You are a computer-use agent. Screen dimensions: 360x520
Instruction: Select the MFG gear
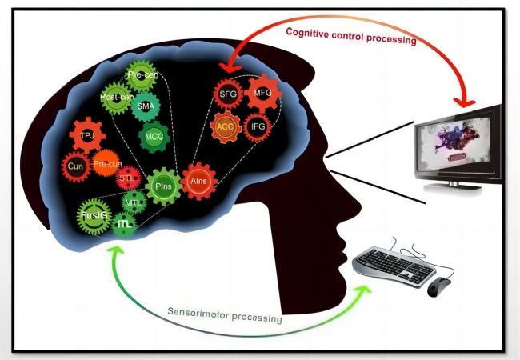coord(263,94)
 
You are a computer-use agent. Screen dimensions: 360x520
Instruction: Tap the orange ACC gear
coord(225,126)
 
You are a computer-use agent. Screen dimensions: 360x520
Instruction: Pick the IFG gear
coord(258,126)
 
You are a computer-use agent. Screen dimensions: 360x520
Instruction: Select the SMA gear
coord(146,106)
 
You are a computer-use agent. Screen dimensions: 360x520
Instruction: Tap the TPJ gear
coord(87,137)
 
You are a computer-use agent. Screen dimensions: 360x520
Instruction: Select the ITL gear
coord(123,226)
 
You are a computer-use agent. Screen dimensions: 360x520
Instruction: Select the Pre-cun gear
coord(106,165)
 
